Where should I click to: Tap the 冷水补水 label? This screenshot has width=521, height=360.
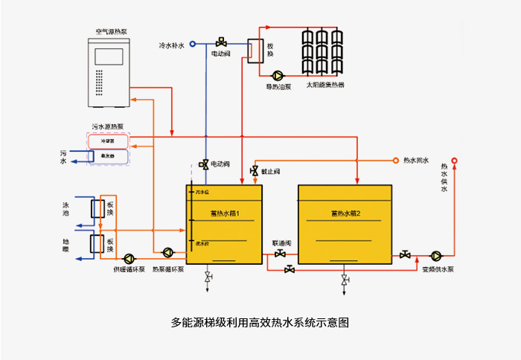click(172, 45)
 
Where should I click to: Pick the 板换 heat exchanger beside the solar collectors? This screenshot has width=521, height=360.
click(256, 51)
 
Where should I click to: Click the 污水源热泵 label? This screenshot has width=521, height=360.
click(109, 127)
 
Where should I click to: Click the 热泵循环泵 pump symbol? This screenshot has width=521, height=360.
click(167, 253)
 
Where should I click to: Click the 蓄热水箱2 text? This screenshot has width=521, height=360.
click(345, 213)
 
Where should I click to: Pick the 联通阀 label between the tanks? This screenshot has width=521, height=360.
click(281, 243)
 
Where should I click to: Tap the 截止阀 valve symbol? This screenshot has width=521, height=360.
click(255, 172)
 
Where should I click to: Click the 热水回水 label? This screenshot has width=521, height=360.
click(416, 160)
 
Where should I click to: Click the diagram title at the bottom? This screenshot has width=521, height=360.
click(260, 323)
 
